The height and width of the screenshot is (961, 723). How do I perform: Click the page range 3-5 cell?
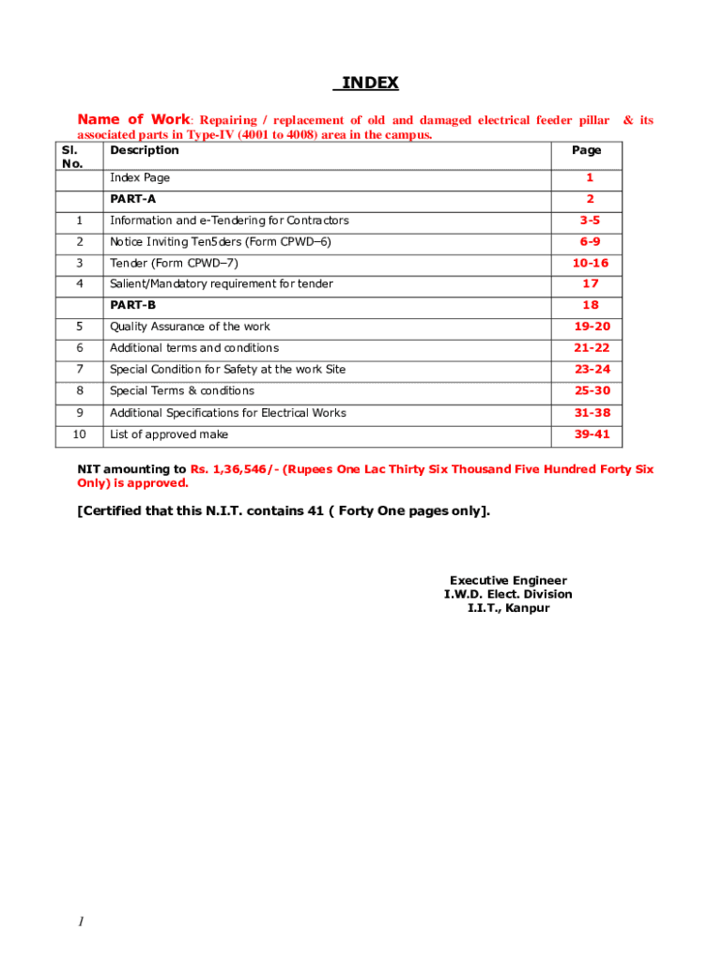589,221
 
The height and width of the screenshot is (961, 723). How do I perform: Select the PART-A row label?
132,199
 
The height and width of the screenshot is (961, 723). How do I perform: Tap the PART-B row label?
132,305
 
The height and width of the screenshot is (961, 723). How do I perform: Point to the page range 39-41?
592,435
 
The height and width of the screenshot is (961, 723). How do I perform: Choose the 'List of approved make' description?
169,435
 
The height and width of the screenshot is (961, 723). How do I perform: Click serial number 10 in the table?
79,435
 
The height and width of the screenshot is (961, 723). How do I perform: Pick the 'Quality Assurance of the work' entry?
190,327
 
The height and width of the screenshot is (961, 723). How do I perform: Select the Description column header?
144,150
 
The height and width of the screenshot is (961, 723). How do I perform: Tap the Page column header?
587,150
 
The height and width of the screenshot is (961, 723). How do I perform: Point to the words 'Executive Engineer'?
508,581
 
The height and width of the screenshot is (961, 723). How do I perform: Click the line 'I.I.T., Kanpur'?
508,608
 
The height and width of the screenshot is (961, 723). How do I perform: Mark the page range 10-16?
592,263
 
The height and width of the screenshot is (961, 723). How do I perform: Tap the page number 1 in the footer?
81,923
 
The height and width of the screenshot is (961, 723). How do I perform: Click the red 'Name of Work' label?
133,119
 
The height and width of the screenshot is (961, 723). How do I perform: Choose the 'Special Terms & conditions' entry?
182,390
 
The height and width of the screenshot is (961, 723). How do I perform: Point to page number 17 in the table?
590,283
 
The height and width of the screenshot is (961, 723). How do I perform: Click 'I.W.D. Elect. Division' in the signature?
508,594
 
